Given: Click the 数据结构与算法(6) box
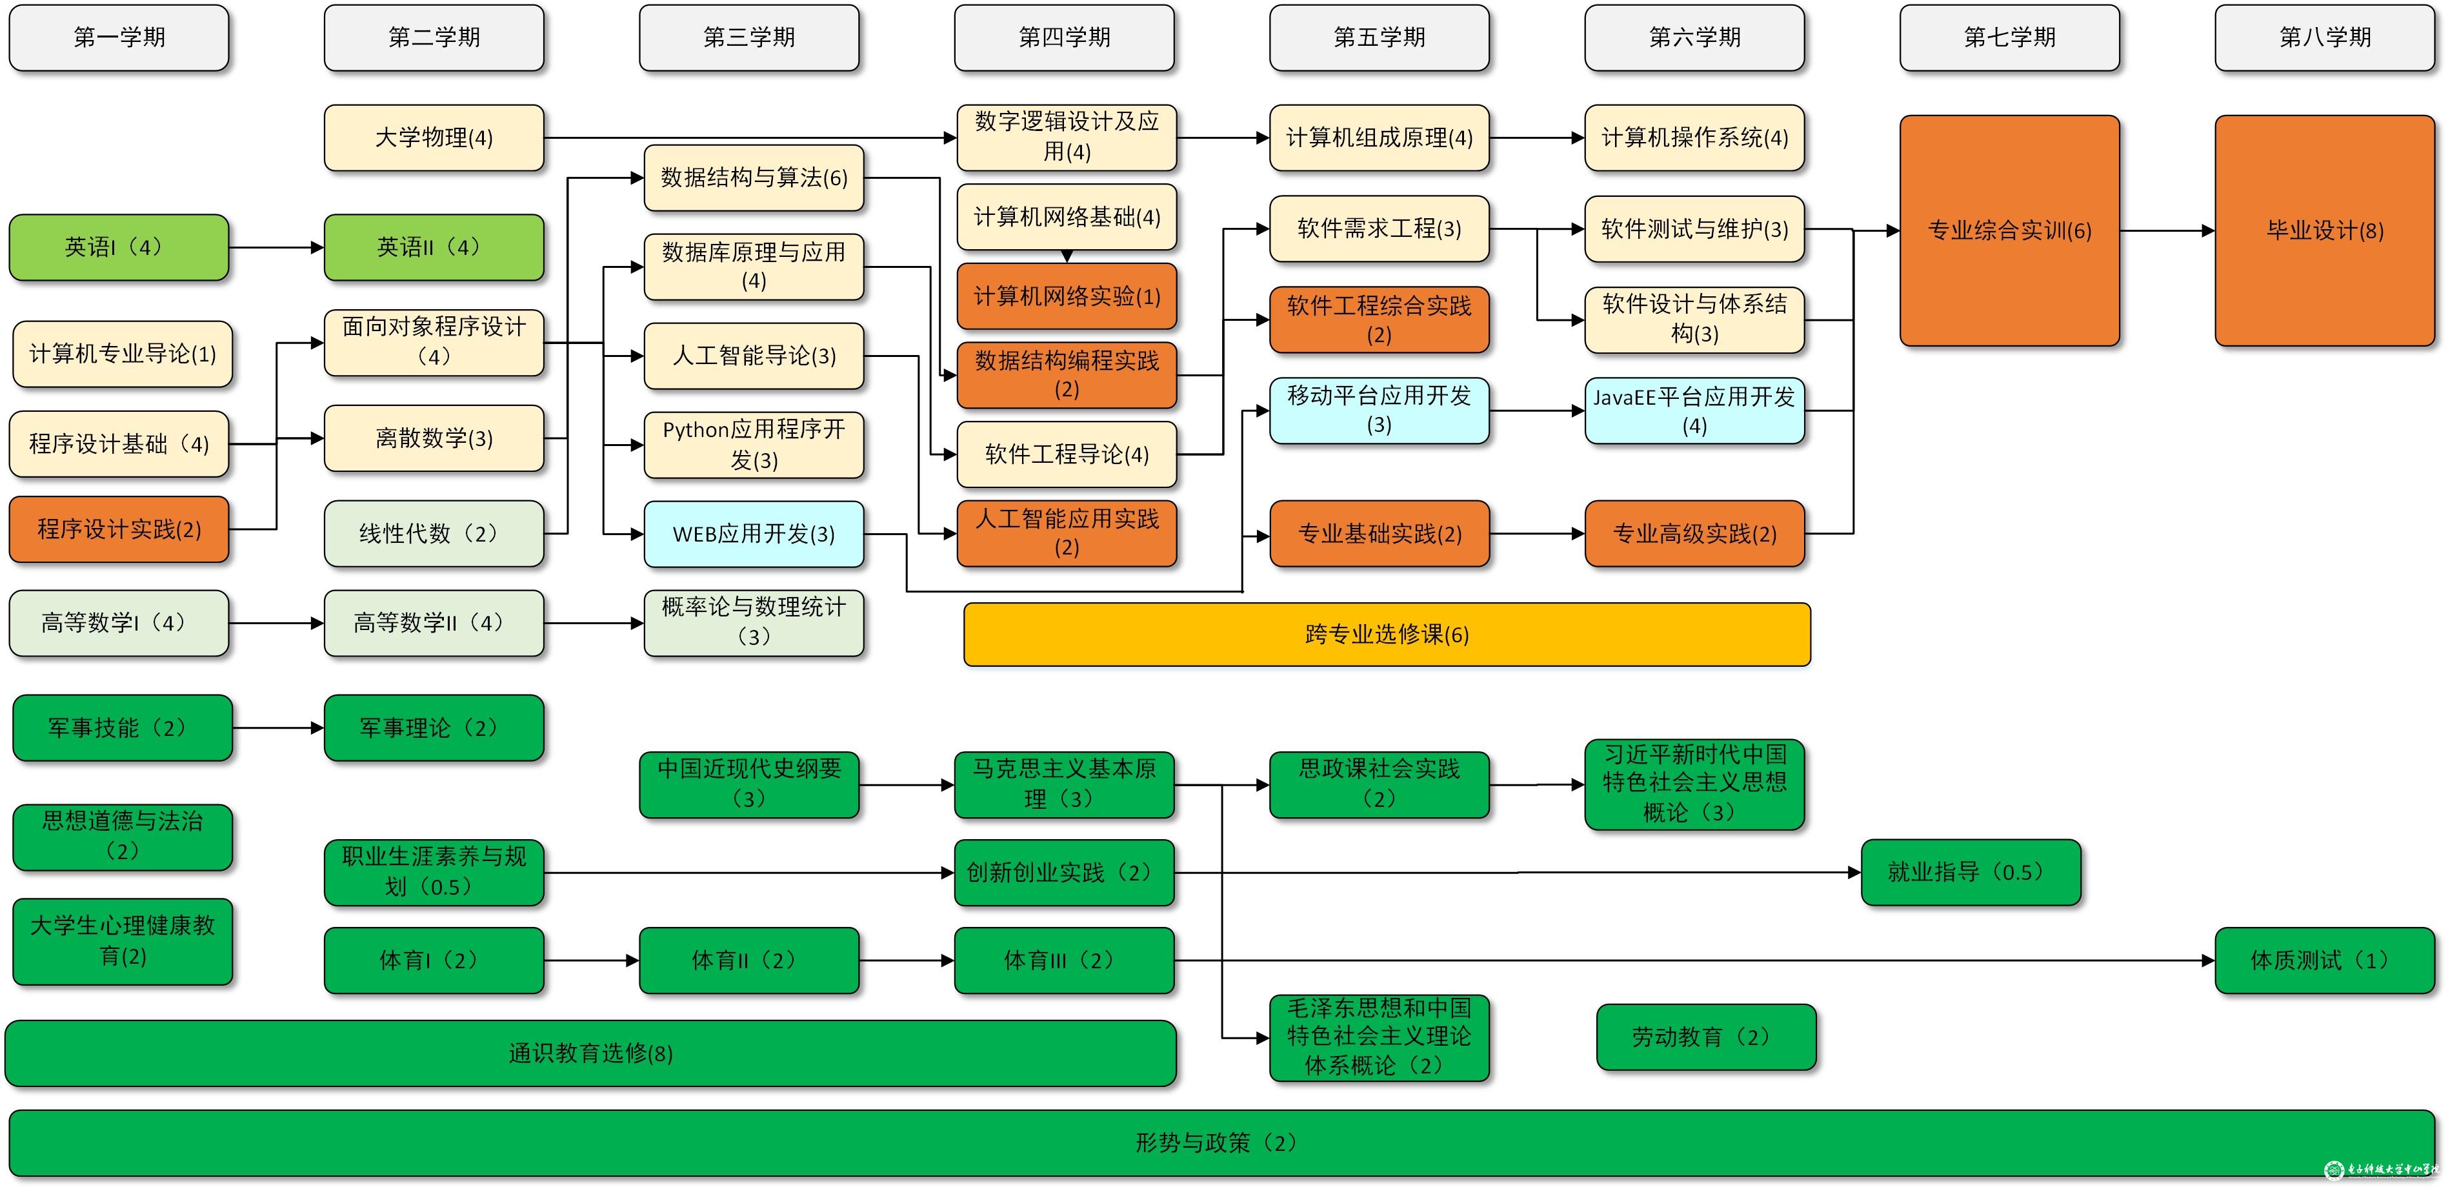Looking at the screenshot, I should (x=754, y=178).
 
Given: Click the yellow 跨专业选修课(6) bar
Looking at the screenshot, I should (x=1387, y=634).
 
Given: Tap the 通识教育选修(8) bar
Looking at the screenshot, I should (x=590, y=1053).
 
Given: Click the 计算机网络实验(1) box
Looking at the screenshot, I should (x=1067, y=296).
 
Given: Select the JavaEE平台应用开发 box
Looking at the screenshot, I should (x=1694, y=411).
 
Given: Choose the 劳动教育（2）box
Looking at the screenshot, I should (x=1706, y=1037).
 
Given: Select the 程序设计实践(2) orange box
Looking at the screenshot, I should (x=119, y=529).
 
